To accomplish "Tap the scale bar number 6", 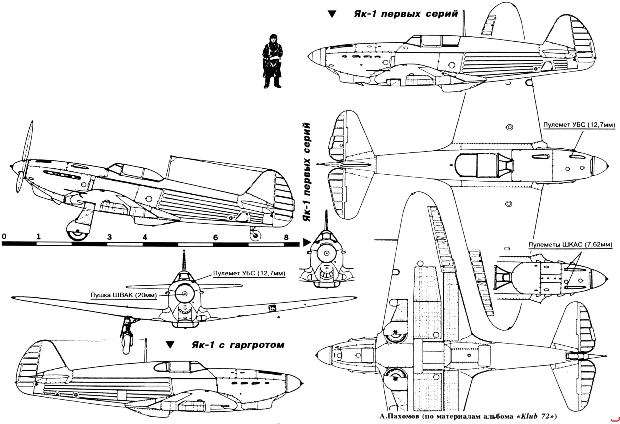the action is coord(215,237).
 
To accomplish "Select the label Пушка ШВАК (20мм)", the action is coord(124,295).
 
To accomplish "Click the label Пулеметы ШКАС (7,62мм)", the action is coord(570,244).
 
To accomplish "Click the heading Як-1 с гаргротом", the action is coord(238,345).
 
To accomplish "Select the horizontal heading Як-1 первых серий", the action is coord(406,14).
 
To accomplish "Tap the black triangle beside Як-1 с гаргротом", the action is coord(170,345).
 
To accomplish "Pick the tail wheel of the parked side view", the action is coord(255,235).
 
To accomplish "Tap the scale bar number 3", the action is coord(109,237).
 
